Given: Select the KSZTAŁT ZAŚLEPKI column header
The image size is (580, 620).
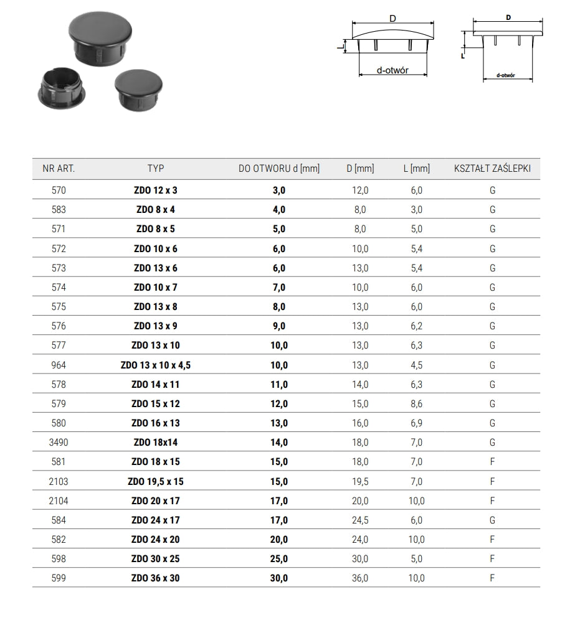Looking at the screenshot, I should pyautogui.click(x=492, y=168).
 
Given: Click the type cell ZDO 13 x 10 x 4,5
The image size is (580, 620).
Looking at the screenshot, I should pyautogui.click(x=156, y=365).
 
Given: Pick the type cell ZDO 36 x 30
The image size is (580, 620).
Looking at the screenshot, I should pyautogui.click(x=156, y=578).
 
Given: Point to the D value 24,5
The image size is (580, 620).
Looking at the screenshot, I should pyautogui.click(x=360, y=520).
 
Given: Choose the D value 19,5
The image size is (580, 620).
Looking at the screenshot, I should pyautogui.click(x=360, y=481).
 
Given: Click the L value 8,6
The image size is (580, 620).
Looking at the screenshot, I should pyautogui.click(x=416, y=404).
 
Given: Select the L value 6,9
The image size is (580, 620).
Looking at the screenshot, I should pyautogui.click(x=416, y=423).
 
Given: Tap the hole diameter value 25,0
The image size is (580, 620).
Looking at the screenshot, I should pyautogui.click(x=278, y=558).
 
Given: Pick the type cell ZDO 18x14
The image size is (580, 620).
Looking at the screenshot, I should pyautogui.click(x=156, y=443).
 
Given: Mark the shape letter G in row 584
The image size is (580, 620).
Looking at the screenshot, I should pyautogui.click(x=492, y=520).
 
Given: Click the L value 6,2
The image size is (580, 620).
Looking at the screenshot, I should pyautogui.click(x=416, y=326).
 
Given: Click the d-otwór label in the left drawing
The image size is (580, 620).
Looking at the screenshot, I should pyautogui.click(x=392, y=70).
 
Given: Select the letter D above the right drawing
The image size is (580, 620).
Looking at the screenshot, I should pyautogui.click(x=508, y=18).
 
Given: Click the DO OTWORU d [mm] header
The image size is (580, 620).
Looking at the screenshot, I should pyautogui.click(x=278, y=168).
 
